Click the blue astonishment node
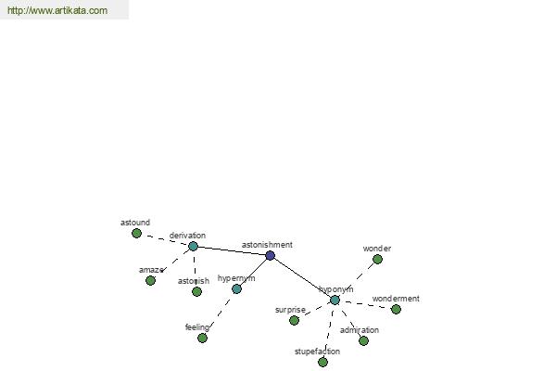click(271, 255)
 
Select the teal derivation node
click(193, 246)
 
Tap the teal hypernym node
click(236, 289)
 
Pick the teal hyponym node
click(335, 301)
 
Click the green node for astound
click(136, 233)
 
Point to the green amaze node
click(150, 281)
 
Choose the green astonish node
click(196, 292)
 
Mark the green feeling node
click(202, 338)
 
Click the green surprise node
click(294, 321)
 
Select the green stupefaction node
click(322, 362)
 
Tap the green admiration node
click(363, 340)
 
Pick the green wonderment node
click(396, 309)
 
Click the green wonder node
click(378, 259)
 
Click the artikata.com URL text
click(57, 10)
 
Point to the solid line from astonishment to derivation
click(232, 250)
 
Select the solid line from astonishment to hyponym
click(302, 277)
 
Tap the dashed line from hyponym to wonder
click(357, 280)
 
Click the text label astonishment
click(267, 245)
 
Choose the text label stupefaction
click(317, 352)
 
